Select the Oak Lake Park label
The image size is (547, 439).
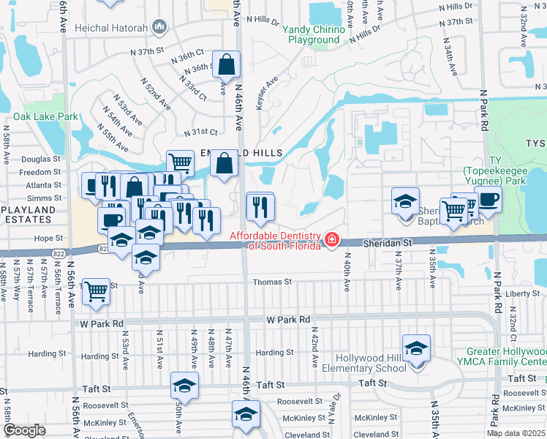45,116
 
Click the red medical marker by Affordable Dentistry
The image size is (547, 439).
333,239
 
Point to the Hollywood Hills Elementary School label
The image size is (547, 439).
371,363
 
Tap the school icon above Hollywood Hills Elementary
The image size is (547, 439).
416,348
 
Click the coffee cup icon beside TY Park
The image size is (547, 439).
488,199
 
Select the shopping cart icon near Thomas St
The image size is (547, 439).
96,292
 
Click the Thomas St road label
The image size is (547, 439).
272,282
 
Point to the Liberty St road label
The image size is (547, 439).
522,294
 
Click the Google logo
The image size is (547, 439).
24,429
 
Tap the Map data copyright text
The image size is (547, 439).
516,432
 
